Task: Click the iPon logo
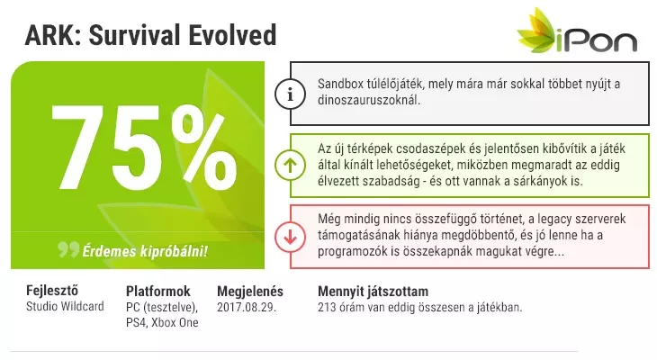pyautogui.click(x=578, y=31)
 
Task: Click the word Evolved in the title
pyautogui.click(x=232, y=35)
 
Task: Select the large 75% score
pyautogui.click(x=144, y=147)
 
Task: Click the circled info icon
pyautogui.click(x=290, y=94)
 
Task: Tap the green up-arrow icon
pyautogui.click(x=290, y=165)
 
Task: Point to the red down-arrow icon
pyautogui.click(x=290, y=237)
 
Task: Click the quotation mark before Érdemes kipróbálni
pyautogui.click(x=68, y=249)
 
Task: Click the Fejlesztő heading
pyautogui.click(x=52, y=291)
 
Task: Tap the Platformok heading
pyautogui.click(x=158, y=291)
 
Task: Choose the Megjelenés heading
pyautogui.click(x=250, y=292)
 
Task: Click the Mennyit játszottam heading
pyautogui.click(x=373, y=292)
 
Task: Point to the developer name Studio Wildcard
pyautogui.click(x=65, y=306)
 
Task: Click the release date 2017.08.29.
pyautogui.click(x=247, y=307)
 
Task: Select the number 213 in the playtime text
pyautogui.click(x=327, y=307)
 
